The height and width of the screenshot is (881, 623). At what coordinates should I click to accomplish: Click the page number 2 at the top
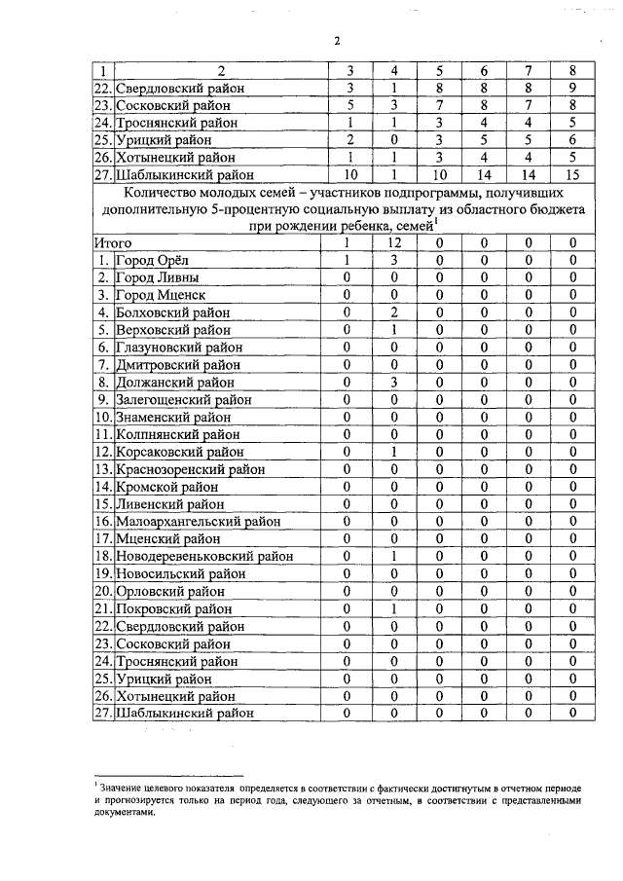[337, 40]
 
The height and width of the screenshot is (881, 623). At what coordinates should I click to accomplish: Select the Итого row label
[113, 242]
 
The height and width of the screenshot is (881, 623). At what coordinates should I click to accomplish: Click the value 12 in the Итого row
[395, 242]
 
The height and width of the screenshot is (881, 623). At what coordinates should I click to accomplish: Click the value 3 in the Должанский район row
[395, 383]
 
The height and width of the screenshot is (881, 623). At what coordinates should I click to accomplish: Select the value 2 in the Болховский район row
[395, 312]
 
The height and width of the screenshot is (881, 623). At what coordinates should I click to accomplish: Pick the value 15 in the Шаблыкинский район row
[574, 175]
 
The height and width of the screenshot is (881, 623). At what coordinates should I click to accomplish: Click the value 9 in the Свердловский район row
[574, 89]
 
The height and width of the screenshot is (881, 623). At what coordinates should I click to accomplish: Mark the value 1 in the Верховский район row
[395, 330]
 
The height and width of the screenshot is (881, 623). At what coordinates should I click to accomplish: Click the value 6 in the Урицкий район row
[574, 140]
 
